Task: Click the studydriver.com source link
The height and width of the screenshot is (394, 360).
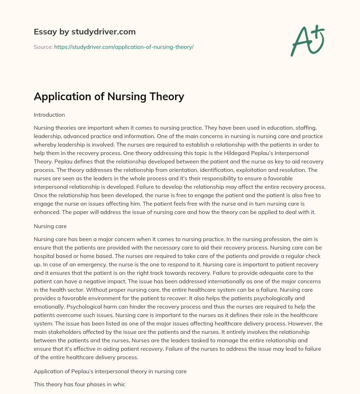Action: (124, 47)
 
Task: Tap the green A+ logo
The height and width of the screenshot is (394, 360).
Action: (307, 41)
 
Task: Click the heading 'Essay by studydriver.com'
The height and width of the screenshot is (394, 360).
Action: (84, 32)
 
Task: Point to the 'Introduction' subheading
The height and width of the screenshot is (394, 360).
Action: (49, 115)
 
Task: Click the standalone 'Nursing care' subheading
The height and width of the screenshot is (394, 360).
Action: (50, 226)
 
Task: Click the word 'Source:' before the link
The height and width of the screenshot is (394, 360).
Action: (43, 47)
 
